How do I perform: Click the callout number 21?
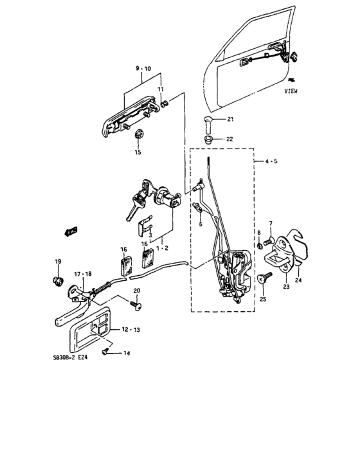click(230, 119)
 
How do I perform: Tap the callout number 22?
click(230, 139)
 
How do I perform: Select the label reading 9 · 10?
click(143, 69)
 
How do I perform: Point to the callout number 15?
click(138, 152)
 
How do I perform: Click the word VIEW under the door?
click(291, 91)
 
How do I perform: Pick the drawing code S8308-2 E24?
click(70, 357)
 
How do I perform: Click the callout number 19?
click(58, 262)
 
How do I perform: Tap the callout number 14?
click(127, 354)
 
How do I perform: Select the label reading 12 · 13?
click(131, 330)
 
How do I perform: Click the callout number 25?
click(263, 299)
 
